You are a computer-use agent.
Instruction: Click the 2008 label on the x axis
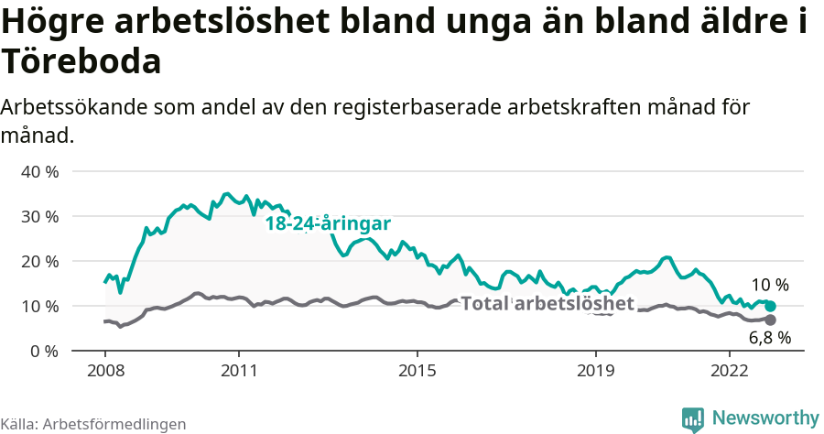[x=105, y=371]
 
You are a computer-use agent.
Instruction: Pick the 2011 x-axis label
[x=239, y=371]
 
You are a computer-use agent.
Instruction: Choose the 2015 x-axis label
[x=417, y=371]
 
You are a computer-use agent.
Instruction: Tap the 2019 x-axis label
[x=596, y=371]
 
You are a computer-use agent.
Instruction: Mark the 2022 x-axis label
[x=730, y=371]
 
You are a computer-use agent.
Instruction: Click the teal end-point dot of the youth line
[x=770, y=306]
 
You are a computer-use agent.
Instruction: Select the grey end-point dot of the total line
[x=770, y=320]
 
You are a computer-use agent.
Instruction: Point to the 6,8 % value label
[x=770, y=338]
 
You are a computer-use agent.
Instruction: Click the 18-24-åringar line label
[x=328, y=224]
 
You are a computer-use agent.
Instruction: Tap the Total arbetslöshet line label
[x=548, y=303]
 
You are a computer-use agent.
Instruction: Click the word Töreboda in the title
[x=81, y=62]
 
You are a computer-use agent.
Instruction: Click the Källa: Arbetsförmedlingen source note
[x=92, y=424]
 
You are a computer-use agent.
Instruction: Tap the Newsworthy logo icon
[x=693, y=418]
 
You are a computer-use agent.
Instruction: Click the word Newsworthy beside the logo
[x=764, y=418]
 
